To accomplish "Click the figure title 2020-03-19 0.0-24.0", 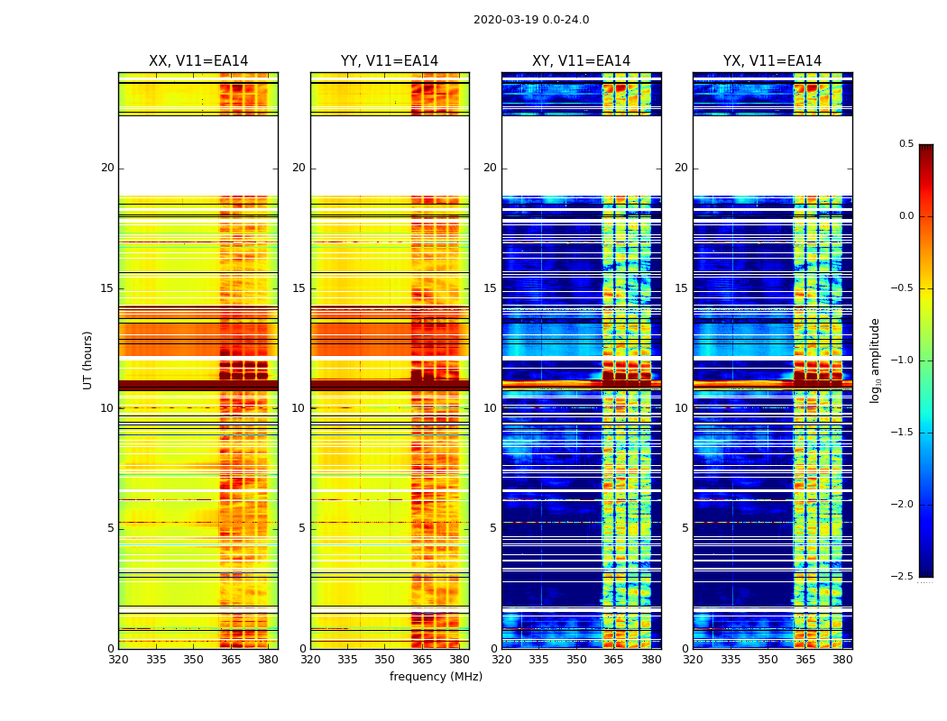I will click(531, 20).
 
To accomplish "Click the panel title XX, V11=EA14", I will click(198, 61).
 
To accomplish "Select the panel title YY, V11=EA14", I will click(390, 61).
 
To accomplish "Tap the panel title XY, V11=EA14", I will click(581, 61).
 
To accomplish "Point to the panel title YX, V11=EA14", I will click(772, 61).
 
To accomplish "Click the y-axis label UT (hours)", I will click(88, 360).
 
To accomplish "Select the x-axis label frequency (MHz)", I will click(436, 677).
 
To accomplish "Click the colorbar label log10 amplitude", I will click(876, 360).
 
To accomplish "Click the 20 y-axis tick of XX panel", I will click(107, 168).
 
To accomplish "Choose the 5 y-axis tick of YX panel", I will click(685, 528).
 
